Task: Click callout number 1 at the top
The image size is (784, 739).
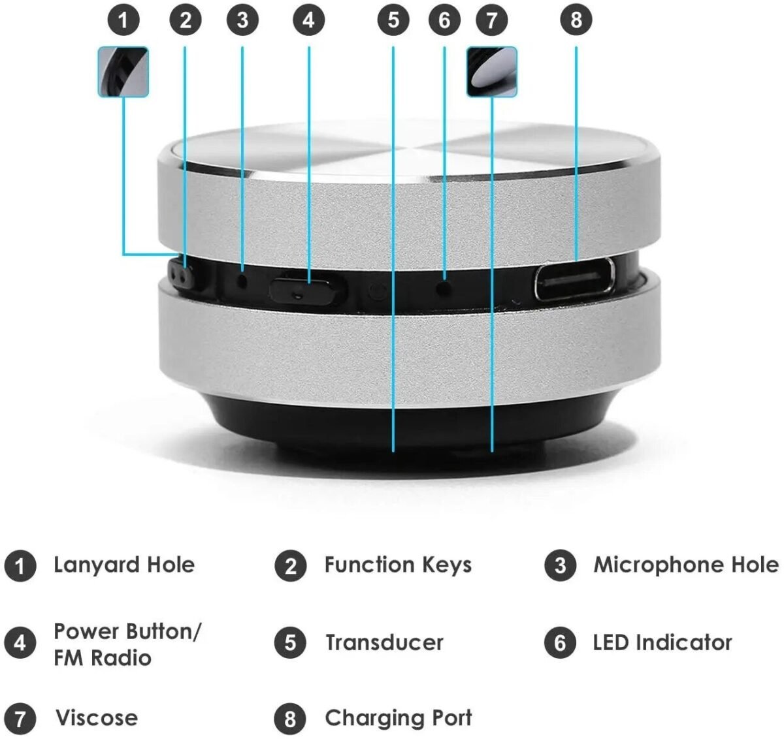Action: click(123, 20)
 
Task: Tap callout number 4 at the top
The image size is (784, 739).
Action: click(308, 20)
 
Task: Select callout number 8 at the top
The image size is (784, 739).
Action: click(576, 20)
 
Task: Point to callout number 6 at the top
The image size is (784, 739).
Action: click(444, 20)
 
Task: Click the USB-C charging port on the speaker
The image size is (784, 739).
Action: click(574, 279)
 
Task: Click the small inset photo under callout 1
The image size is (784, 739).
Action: click(123, 72)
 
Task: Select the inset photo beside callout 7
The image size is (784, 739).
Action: click(492, 72)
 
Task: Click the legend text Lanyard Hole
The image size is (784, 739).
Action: click(124, 565)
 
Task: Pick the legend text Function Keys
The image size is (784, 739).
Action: click(398, 565)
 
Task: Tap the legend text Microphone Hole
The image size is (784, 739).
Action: click(685, 565)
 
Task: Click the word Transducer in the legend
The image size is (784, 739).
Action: click(384, 642)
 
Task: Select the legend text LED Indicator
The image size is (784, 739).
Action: click(662, 642)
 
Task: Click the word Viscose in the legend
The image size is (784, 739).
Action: click(97, 717)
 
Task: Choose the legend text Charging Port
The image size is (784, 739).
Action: click(398, 717)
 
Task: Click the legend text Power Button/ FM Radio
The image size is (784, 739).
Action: click(127, 644)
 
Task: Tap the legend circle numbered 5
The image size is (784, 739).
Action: click(290, 643)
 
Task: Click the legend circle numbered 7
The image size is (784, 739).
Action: click(20, 719)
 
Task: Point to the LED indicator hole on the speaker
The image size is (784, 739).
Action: click(444, 285)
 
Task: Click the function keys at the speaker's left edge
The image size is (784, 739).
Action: click(182, 275)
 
